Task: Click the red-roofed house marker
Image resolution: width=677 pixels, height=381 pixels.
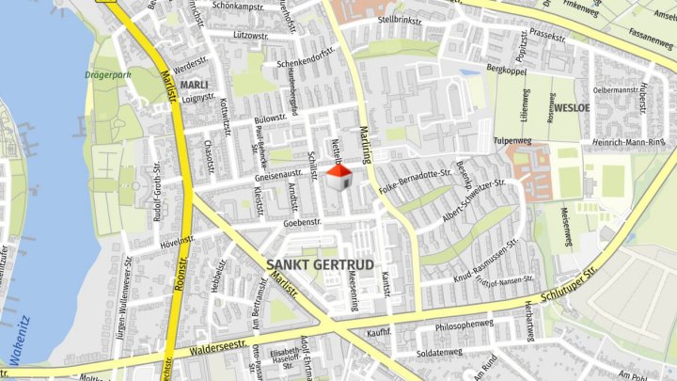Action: coord(338,177)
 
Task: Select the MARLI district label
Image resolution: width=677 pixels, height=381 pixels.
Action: coord(194,85)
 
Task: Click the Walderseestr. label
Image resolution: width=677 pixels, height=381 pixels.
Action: coord(225,342)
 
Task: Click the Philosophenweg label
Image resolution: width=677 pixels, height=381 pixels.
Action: coord(464,325)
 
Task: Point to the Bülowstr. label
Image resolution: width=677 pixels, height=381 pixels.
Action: coord(270,119)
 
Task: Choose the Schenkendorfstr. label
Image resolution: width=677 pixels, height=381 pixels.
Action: coord(307,64)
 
